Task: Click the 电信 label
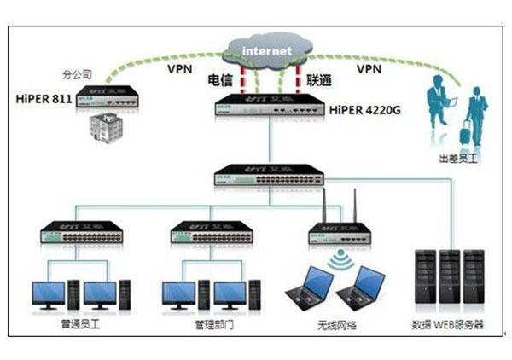[220, 79]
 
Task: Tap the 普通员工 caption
[77, 325]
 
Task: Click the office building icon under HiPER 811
[99, 126]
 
